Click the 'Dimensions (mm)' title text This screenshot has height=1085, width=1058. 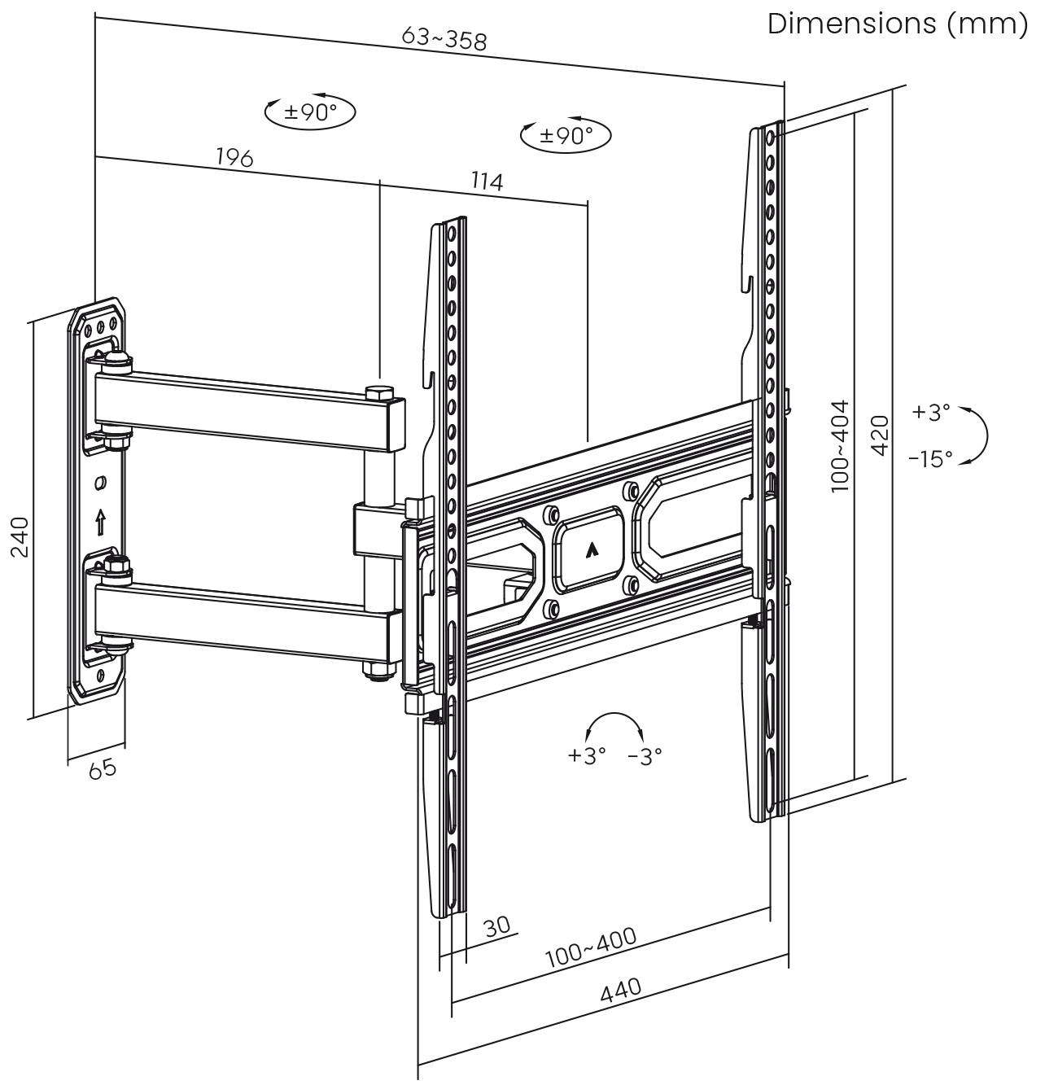898,24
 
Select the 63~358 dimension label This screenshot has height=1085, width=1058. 444,37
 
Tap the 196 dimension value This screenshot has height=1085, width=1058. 234,156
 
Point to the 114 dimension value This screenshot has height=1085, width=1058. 487,180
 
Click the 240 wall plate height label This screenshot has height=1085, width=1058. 20,536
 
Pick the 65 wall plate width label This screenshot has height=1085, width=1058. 102,768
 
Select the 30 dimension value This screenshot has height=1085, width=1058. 496,926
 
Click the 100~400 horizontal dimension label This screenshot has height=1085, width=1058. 591,947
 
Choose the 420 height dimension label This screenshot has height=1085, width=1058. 880,435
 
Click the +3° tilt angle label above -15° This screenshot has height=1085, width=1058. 931,413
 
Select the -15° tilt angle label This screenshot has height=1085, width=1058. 929,459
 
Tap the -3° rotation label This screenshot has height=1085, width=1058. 645,756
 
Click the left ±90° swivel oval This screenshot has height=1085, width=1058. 310,112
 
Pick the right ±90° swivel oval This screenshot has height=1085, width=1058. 566,135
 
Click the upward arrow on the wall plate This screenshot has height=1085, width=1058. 100,521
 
